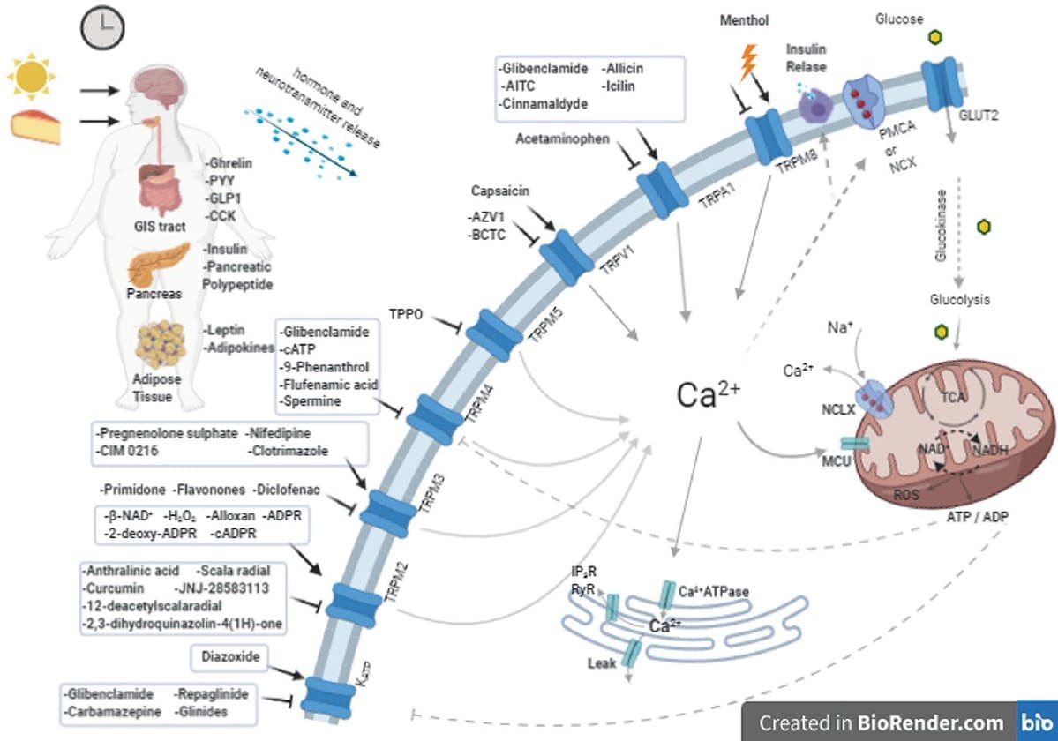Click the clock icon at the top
tap(101, 27)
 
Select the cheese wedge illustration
tap(36, 126)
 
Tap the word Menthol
tap(745, 19)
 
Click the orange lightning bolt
tap(747, 62)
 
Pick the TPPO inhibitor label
tap(407, 313)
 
